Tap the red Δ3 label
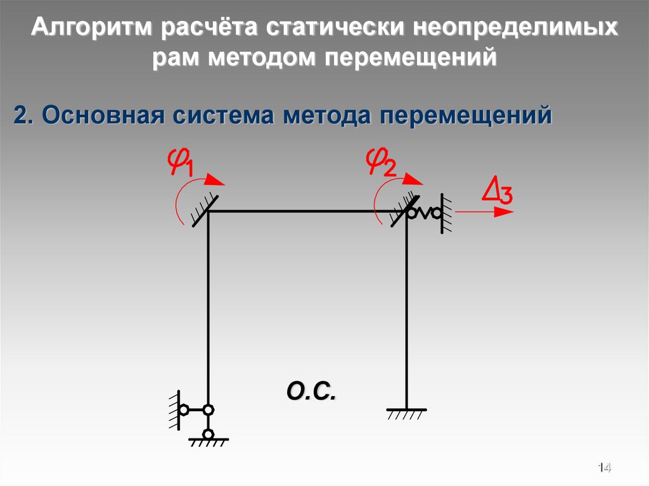pyautogui.click(x=498, y=191)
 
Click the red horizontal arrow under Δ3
pyautogui.click(x=485, y=212)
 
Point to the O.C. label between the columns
pyautogui.click(x=310, y=390)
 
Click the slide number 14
pyautogui.click(x=603, y=468)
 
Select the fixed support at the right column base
pyautogui.click(x=406, y=412)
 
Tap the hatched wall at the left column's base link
pyautogui.click(x=172, y=410)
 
